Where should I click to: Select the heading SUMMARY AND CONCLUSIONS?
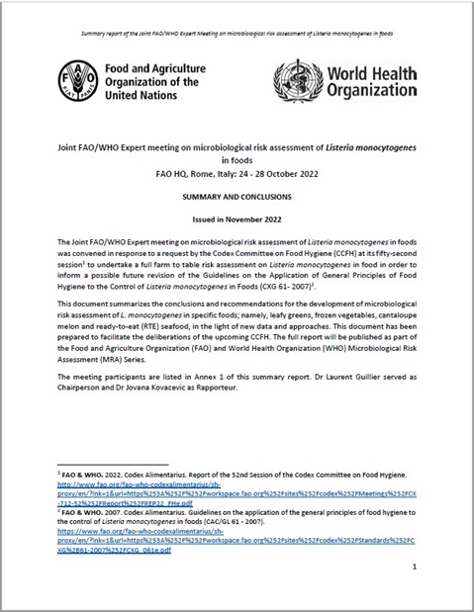tap(237, 197)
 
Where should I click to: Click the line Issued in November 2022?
tap(237, 218)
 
